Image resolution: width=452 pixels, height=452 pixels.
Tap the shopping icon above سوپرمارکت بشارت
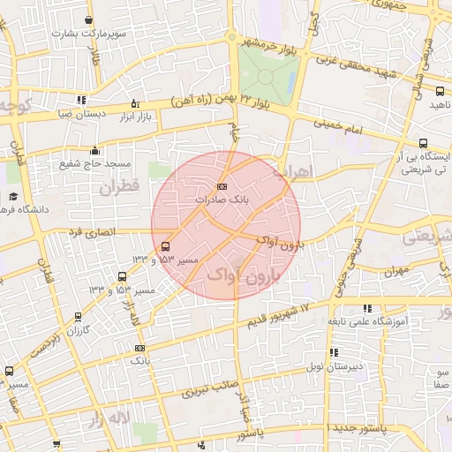tap(90, 19)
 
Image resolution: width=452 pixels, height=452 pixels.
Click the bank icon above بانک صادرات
tap(222, 186)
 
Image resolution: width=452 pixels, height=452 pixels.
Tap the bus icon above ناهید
tap(435, 90)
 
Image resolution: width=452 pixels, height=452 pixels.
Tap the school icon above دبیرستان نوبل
tap(334, 352)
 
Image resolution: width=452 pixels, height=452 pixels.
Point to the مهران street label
tap(395, 271)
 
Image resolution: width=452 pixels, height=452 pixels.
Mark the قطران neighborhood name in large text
tap(119, 188)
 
